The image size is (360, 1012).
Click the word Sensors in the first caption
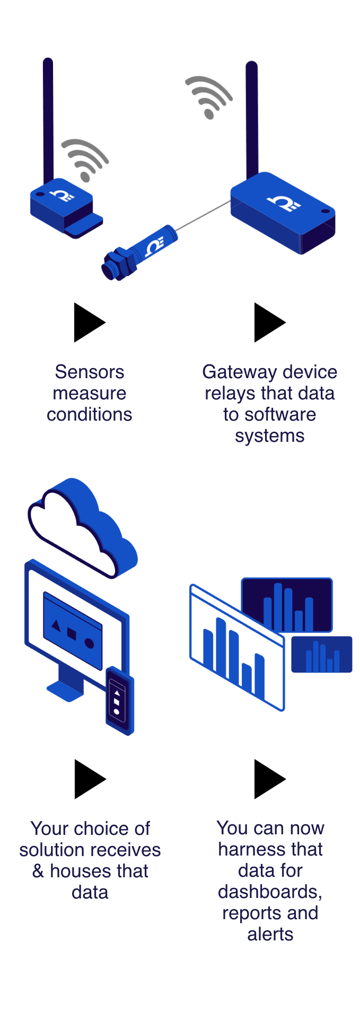point(89,372)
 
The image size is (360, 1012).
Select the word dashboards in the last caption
point(269,892)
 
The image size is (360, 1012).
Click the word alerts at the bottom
point(270,934)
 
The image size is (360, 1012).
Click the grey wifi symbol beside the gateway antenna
point(208,97)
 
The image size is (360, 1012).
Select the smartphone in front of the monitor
point(119,700)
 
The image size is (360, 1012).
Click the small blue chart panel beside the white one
point(321,655)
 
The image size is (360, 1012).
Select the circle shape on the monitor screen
point(90,644)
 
